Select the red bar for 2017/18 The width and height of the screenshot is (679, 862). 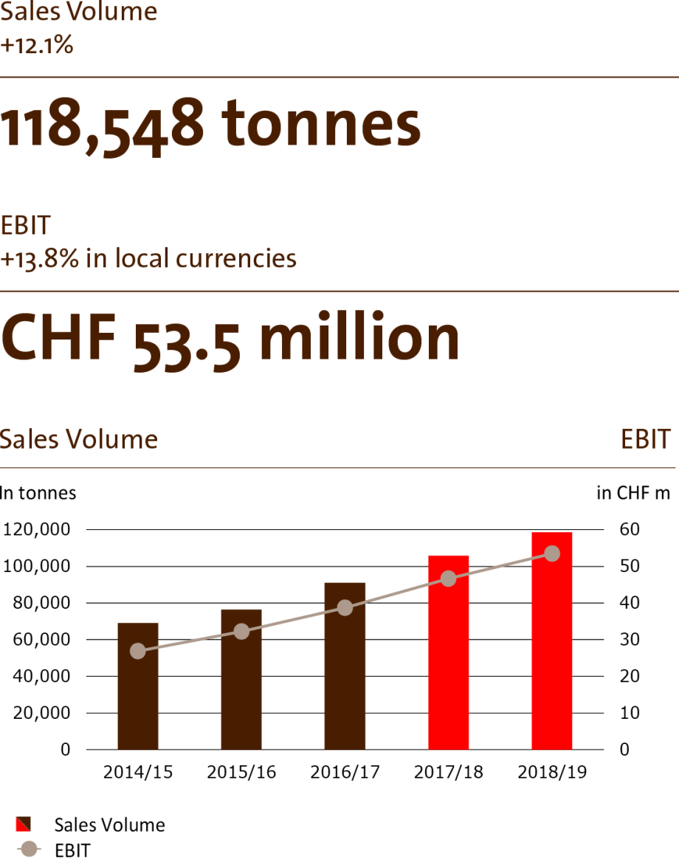[448, 652]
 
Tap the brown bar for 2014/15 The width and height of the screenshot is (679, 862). [138, 686]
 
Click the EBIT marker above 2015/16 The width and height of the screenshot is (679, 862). [241, 631]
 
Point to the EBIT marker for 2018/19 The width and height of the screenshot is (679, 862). [551, 554]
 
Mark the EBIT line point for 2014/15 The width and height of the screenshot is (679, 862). [138, 651]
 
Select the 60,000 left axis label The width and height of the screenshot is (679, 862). [40, 640]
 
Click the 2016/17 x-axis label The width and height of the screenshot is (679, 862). [345, 773]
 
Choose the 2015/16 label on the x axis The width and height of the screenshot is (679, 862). [241, 773]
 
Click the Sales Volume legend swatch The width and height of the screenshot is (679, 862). [23, 824]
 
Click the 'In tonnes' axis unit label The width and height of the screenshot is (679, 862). [38, 492]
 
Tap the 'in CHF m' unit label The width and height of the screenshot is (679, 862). [633, 493]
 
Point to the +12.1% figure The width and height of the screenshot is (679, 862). [37, 45]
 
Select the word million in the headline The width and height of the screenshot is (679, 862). [359, 338]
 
